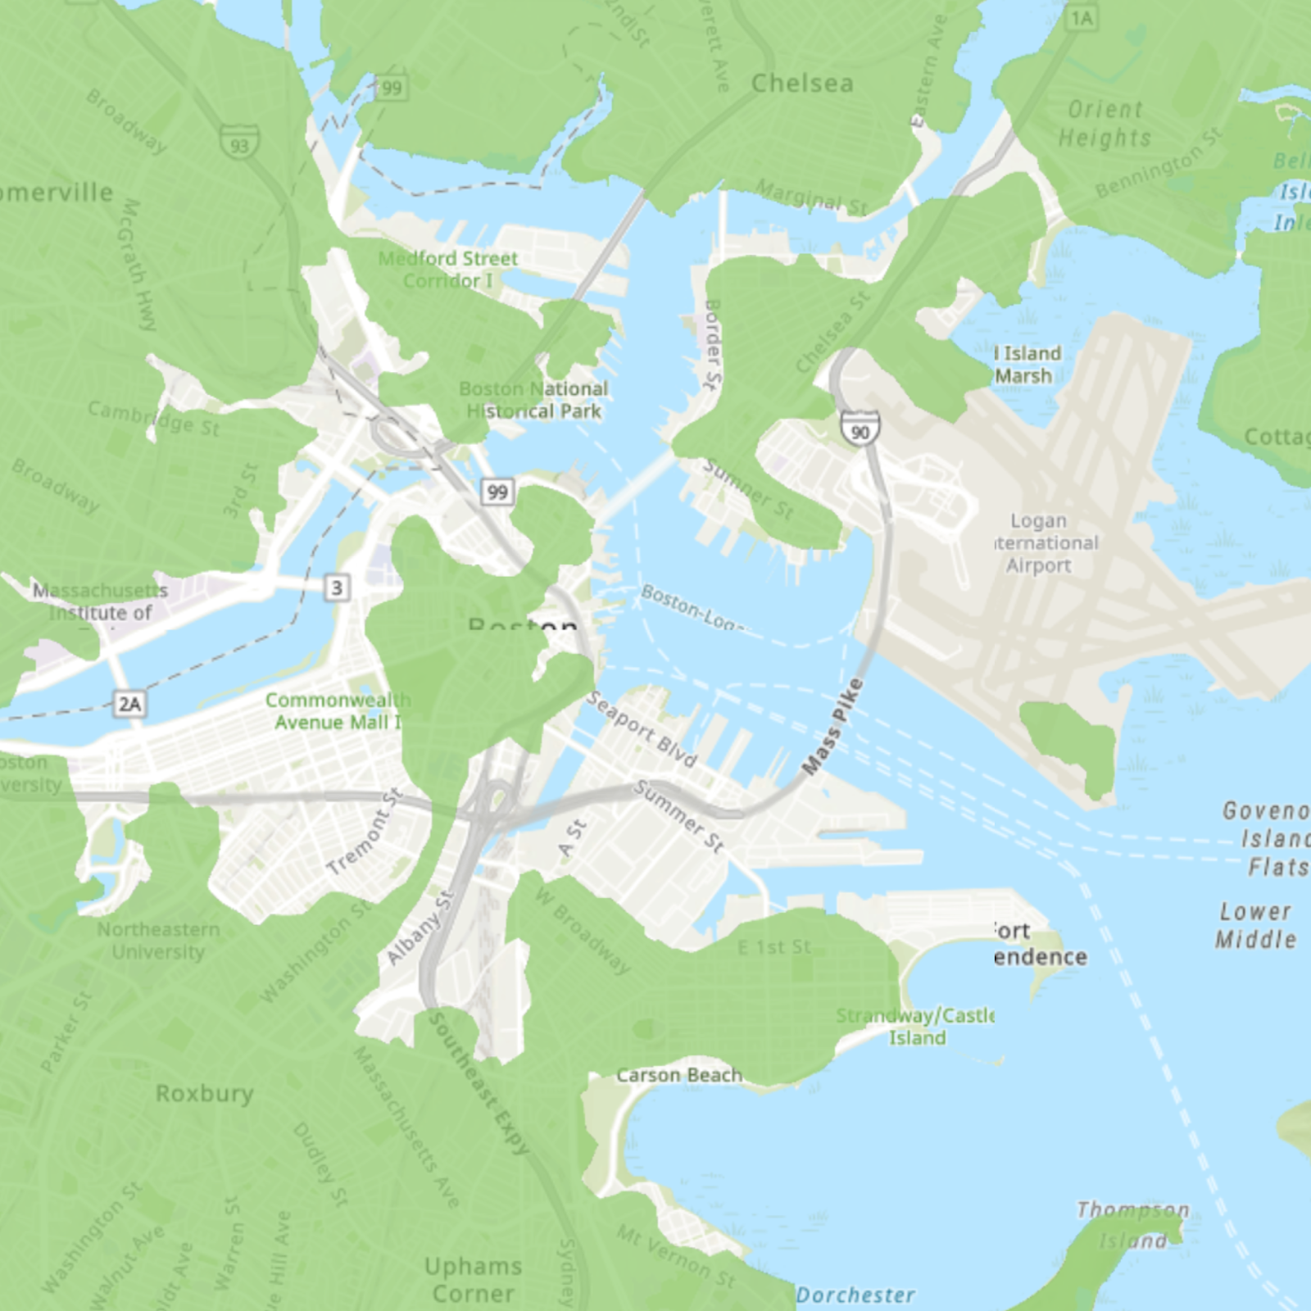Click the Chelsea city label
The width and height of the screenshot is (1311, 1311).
coord(802,84)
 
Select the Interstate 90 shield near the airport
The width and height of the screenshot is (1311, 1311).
coord(860,429)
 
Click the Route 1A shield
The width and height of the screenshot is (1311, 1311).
coord(1082,18)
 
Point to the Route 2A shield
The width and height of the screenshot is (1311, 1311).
coord(130,703)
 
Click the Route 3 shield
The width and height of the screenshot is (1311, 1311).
coord(337,587)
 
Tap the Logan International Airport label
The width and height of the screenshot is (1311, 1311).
coord(1039,542)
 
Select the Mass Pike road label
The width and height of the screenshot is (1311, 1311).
coord(832,726)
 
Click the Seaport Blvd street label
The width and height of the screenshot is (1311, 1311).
coord(642,729)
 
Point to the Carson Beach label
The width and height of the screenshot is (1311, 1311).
coord(678,1075)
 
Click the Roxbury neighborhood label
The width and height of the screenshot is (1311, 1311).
coord(204,1093)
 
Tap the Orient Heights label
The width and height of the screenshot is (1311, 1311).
coord(1105,124)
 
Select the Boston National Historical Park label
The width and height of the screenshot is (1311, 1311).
coord(533,400)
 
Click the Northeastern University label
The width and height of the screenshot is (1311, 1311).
coord(158,941)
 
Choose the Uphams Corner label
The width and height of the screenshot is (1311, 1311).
coord(473,1280)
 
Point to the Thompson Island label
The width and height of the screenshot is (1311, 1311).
coord(1132,1224)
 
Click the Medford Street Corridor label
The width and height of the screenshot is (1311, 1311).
coord(448,270)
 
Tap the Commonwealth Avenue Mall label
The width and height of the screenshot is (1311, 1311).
coord(337,711)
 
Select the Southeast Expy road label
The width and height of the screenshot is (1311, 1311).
coord(479,1083)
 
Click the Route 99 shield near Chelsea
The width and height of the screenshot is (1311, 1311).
coord(392,88)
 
